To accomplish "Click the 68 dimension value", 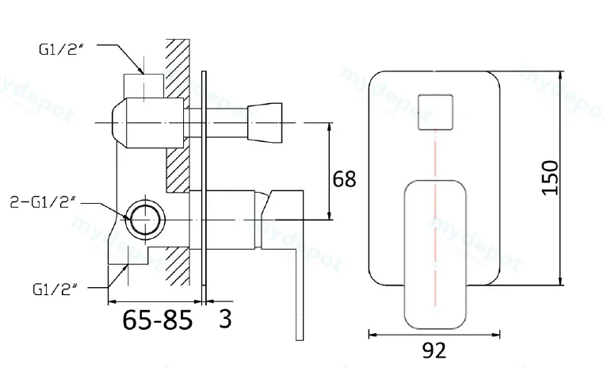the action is [344, 179].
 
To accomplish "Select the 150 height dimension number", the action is [549, 178].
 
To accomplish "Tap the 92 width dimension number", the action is [434, 351].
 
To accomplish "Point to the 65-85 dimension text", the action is [157, 320].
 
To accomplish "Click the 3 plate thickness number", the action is [225, 319].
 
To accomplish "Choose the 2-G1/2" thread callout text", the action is [42, 202].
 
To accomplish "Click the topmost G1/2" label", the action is [61, 49].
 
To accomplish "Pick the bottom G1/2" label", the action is [55, 289].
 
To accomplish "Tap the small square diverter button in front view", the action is [435, 112].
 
